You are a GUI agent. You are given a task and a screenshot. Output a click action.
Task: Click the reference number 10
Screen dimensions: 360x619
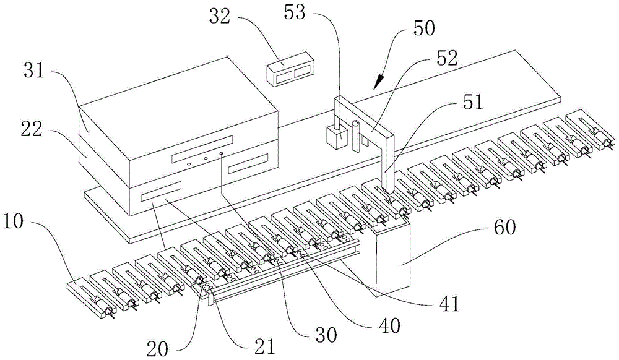click(x=17, y=221)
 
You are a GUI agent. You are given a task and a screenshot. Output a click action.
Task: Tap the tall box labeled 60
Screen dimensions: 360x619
click(x=394, y=254)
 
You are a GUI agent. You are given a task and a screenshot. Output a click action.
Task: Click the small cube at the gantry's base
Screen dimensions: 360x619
click(x=336, y=136)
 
